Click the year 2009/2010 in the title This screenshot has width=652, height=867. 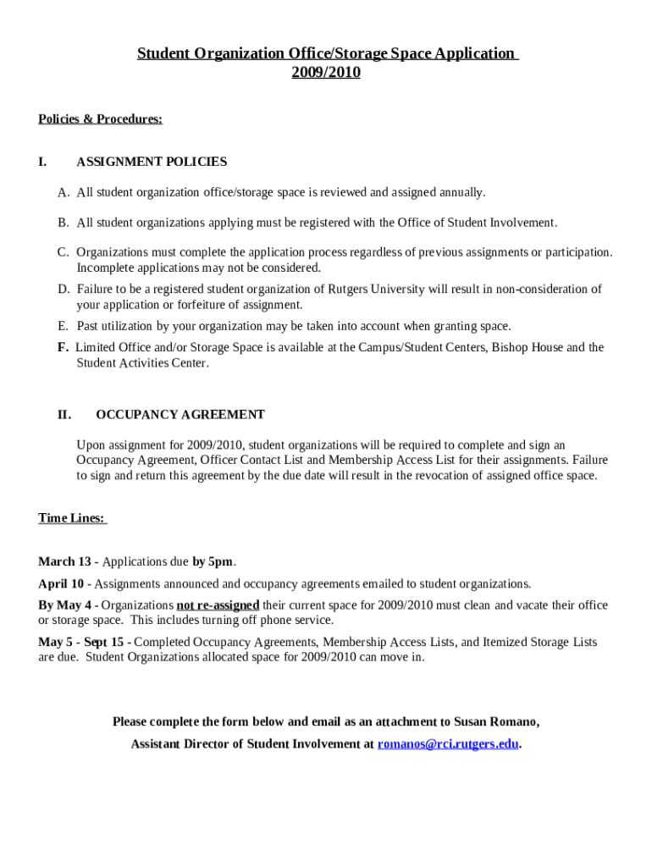pyautogui.click(x=326, y=73)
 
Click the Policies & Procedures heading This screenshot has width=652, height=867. pyautogui.click(x=100, y=119)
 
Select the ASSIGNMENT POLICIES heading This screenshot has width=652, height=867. pyautogui.click(x=152, y=162)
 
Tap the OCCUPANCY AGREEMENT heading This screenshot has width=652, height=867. pyautogui.click(x=180, y=415)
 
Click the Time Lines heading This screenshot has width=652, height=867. pyautogui.click(x=72, y=518)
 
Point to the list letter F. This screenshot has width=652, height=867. pyautogui.click(x=63, y=347)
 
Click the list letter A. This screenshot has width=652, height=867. pyautogui.click(x=64, y=193)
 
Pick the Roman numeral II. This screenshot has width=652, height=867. pyautogui.click(x=64, y=415)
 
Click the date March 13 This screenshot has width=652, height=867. pyautogui.click(x=64, y=562)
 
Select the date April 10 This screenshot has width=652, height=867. pyautogui.click(x=61, y=584)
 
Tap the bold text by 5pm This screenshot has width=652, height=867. pyautogui.click(x=212, y=562)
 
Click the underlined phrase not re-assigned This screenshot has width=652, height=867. pyautogui.click(x=218, y=605)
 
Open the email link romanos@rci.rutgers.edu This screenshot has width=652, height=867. pyautogui.click(x=447, y=744)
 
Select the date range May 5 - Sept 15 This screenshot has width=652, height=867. pyautogui.click(x=81, y=643)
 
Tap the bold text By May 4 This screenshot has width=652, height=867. pyautogui.click(x=64, y=605)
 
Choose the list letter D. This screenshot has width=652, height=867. pyautogui.click(x=64, y=290)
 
